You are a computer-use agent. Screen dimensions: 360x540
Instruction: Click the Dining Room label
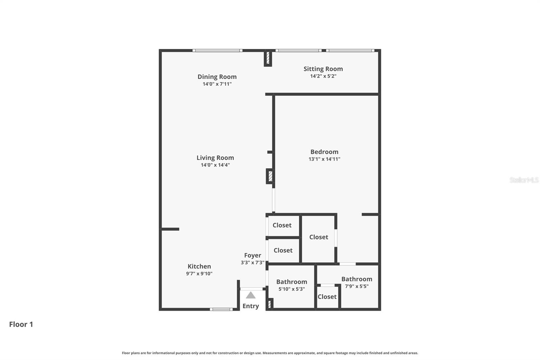217,77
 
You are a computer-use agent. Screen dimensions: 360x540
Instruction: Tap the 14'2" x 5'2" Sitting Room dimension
323,76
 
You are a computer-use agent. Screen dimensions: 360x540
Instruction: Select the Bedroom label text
324,152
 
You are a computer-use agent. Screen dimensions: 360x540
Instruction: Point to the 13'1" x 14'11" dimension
324,159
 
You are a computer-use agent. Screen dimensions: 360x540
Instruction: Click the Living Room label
215,158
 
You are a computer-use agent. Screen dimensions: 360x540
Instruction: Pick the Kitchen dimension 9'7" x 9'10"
199,274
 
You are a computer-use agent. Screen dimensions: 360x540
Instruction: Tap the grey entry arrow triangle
250,295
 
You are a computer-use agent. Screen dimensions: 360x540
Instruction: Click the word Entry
250,306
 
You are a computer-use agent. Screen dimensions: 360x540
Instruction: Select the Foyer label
252,255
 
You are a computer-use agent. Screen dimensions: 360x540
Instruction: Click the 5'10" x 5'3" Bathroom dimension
292,289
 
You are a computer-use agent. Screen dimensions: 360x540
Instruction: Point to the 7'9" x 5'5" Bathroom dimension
356,286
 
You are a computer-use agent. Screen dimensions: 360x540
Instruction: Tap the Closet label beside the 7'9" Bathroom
327,297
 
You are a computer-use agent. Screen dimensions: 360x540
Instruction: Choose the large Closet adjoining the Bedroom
319,237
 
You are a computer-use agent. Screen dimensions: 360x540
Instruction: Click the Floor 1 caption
21,324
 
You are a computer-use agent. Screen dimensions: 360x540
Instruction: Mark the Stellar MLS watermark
524,180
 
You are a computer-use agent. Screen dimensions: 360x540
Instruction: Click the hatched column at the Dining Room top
268,58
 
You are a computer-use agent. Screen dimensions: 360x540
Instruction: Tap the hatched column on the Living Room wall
270,176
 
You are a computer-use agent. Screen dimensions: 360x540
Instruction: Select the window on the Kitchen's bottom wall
221,309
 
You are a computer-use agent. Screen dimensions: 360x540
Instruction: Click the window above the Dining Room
217,51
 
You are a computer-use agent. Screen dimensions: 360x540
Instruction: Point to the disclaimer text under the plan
270,353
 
